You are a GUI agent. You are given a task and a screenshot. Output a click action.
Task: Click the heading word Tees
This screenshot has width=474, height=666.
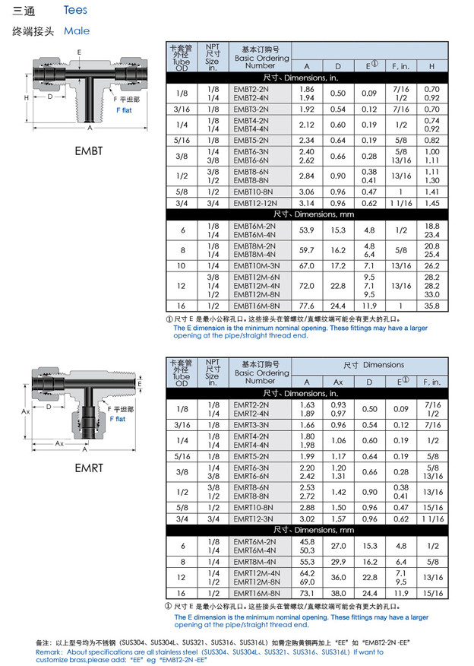pos(75,10)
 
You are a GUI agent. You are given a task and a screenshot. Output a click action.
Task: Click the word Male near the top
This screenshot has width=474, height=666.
pos(77,31)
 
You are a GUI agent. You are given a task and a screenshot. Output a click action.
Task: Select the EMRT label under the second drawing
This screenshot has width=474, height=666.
pos(88,468)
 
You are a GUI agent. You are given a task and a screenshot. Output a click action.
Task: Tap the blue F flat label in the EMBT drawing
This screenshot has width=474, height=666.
pos(123,110)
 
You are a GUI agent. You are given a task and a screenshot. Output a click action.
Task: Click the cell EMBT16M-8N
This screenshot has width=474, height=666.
pos(256,305)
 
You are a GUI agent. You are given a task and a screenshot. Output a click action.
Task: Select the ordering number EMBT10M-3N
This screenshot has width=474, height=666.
pos(256,266)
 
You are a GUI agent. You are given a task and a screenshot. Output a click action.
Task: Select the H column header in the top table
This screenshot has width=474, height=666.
pos(431,66)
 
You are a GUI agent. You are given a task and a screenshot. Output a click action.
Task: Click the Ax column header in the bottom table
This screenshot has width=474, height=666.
pos(338,382)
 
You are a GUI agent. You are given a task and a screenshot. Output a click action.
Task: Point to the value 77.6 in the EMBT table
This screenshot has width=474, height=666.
pos(307,305)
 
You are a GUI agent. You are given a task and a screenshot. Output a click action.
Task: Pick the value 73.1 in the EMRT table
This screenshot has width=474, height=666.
pos(307,593)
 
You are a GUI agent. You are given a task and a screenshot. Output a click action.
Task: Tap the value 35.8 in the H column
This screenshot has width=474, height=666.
pos(431,305)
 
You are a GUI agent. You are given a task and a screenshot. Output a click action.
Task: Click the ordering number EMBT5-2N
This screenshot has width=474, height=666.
pos(251,140)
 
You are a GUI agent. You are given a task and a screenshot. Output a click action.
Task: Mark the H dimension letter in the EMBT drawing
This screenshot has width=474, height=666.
pos(26,98)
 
